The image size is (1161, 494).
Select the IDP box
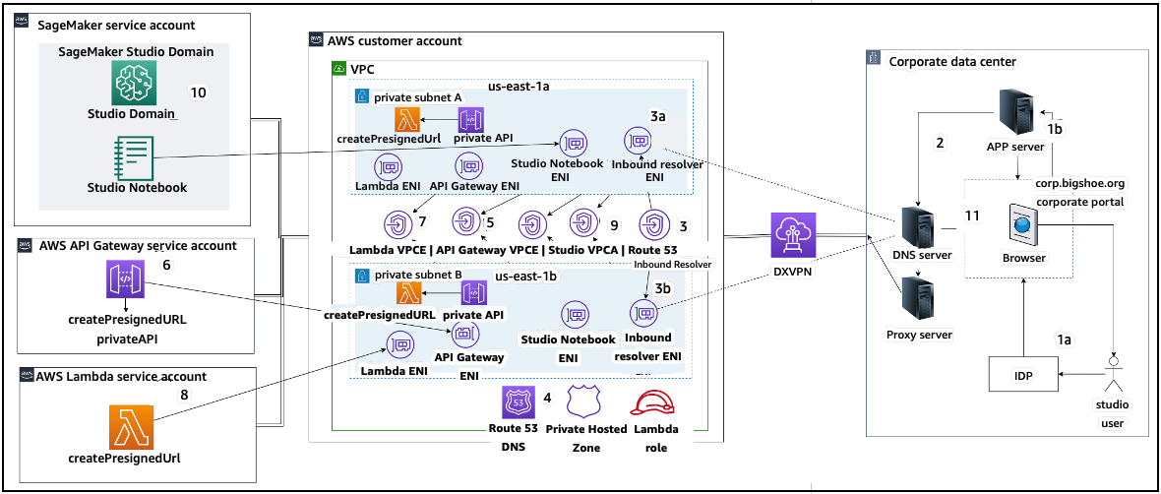pos(1023,375)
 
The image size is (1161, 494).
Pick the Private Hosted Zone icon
pos(584,403)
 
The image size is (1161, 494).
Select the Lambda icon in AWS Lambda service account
pos(132,424)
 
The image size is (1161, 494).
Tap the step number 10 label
pos(198,93)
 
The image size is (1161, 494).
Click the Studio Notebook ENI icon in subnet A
pos(575,143)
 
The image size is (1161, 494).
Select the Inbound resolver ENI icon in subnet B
pos(644,314)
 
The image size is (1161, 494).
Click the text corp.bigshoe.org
pos(1079,184)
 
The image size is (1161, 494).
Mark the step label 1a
pos(1064,339)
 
